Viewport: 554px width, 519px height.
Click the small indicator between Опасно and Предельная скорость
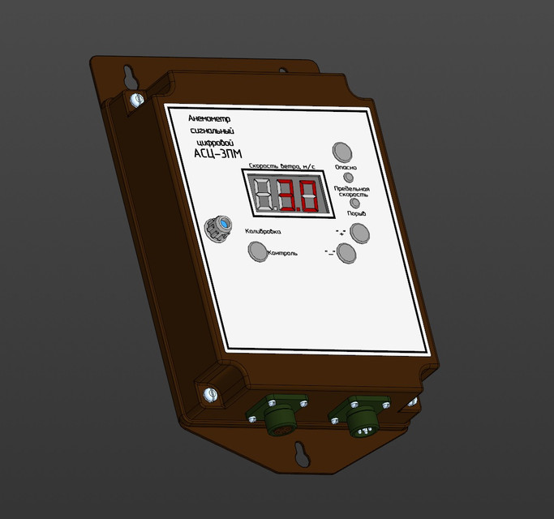point(349,177)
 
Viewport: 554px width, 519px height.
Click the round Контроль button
point(258,253)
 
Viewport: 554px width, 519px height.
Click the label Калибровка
point(262,233)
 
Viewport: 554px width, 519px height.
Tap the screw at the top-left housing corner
point(135,100)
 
